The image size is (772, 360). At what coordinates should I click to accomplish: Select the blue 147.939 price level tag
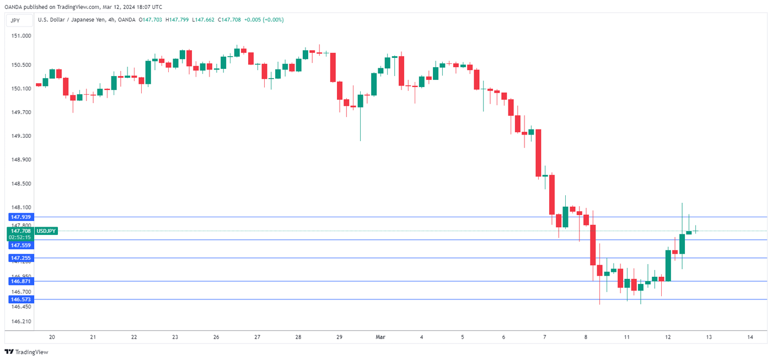tap(19, 217)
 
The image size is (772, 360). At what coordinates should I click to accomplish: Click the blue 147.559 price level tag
tap(19, 245)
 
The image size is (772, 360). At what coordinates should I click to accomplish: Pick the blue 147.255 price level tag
tap(19, 258)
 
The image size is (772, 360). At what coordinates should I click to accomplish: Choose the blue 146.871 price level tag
tap(19, 281)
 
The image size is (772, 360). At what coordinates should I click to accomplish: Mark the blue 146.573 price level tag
tap(19, 299)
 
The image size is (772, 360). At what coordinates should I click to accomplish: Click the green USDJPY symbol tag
tap(46, 231)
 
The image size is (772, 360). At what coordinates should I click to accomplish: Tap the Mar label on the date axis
tap(380, 337)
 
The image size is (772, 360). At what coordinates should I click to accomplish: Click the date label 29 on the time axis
tap(339, 337)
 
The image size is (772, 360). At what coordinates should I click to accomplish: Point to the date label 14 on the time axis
tap(750, 337)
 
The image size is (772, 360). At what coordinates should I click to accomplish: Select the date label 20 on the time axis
tap(52, 337)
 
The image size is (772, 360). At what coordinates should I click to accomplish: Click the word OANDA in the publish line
tap(12, 7)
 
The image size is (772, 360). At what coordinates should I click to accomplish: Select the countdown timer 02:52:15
tap(19, 237)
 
